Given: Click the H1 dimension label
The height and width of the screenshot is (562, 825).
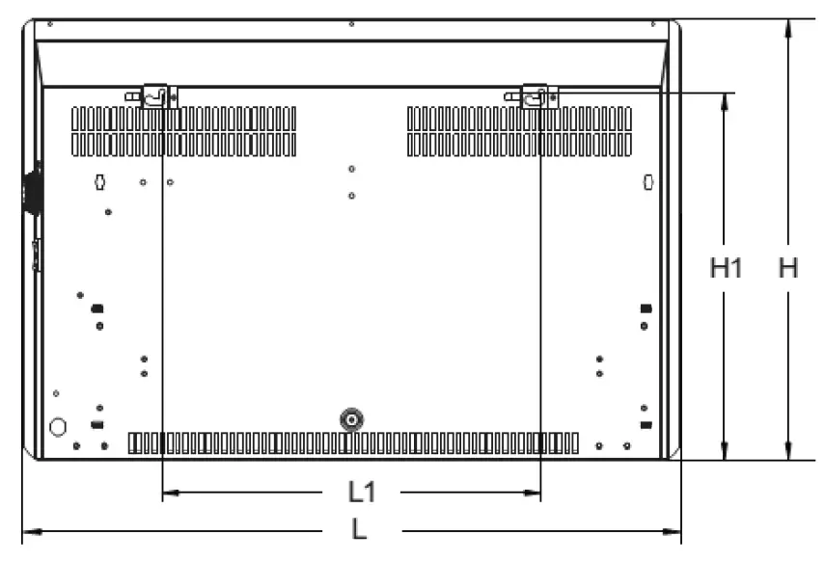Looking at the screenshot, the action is [x=726, y=268].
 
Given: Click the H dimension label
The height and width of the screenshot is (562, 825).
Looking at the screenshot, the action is [x=787, y=268].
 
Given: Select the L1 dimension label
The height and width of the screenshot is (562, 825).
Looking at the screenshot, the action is [x=362, y=492].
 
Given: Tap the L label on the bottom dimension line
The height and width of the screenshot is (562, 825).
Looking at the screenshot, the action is [x=359, y=529].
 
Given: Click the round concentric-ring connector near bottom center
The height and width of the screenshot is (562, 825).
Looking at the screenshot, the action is [x=351, y=419].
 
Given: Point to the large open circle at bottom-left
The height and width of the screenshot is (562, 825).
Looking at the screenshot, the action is [x=58, y=427].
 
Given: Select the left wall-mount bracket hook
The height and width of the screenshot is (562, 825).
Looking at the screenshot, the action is [x=152, y=96].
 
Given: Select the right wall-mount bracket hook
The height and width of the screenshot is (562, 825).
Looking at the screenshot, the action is [x=533, y=96].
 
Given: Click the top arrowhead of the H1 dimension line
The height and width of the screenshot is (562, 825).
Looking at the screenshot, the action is [x=725, y=102].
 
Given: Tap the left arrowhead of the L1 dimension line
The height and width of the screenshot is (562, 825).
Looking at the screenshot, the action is [x=171, y=493].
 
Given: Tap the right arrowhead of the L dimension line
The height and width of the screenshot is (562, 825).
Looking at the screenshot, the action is [x=672, y=531].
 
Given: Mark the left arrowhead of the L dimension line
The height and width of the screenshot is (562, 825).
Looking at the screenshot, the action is [x=32, y=531].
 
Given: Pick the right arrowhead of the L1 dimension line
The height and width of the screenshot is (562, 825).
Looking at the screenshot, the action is [x=532, y=493].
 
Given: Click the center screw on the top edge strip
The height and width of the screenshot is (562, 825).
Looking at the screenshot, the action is [x=351, y=24].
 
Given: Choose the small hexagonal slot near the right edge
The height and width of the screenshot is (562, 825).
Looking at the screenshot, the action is [x=648, y=182].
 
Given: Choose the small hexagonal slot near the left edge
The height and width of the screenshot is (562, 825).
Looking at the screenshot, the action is [x=99, y=182].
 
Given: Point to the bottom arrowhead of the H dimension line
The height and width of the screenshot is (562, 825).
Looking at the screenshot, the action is [x=787, y=450].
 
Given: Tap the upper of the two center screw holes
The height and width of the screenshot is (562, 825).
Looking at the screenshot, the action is [x=351, y=169].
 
